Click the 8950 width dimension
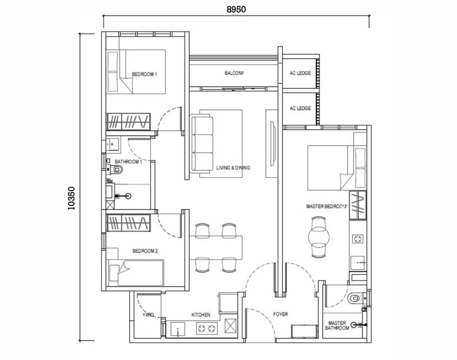(x=236, y=9)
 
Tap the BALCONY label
(x=234, y=73)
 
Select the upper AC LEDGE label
(x=300, y=73)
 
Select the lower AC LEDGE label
(x=300, y=108)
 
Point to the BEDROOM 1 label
(x=144, y=75)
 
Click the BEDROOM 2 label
(x=145, y=251)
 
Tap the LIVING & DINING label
(x=233, y=168)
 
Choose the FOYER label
(x=280, y=314)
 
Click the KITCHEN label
(x=200, y=315)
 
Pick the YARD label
(x=148, y=315)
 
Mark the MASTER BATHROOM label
(x=337, y=325)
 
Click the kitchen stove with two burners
(x=207, y=328)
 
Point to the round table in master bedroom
(x=319, y=237)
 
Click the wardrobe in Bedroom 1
(x=128, y=121)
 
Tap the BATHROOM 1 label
(x=128, y=162)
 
